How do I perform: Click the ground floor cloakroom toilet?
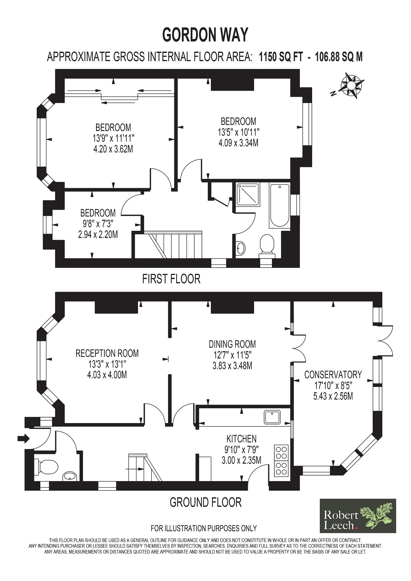pyautogui.click(x=45, y=466)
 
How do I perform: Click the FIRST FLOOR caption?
pyautogui.click(x=171, y=279)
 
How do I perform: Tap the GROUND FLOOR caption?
pyautogui.click(x=206, y=502)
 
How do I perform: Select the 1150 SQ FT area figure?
pyautogui.click(x=281, y=57)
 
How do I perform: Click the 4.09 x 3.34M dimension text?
pyautogui.click(x=238, y=143)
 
